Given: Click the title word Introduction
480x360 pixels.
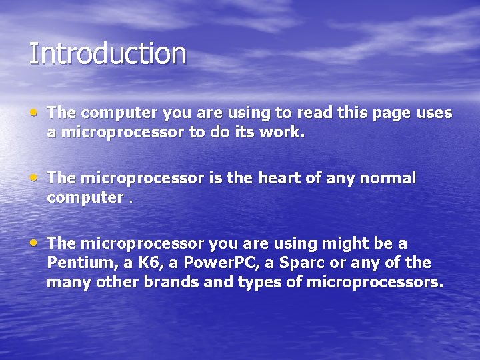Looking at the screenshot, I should click(107, 54).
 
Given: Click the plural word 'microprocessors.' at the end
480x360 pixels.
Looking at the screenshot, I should click(375, 283).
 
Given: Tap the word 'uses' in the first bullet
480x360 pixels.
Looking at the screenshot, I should click(434, 113).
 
